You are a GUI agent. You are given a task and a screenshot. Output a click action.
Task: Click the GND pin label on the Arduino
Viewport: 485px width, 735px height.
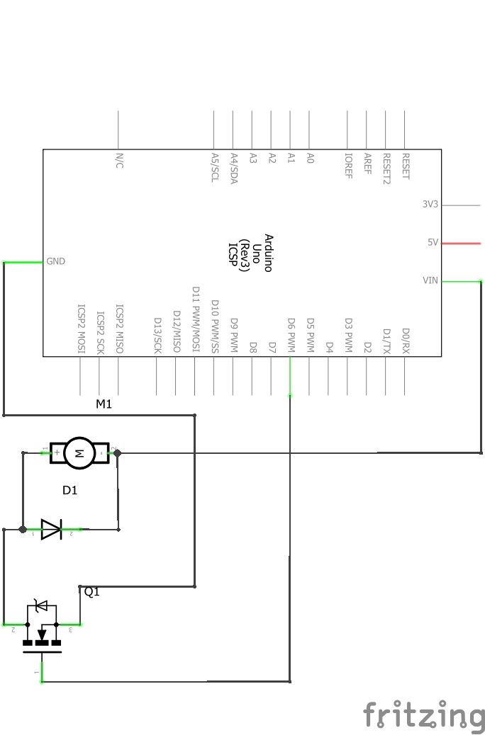tap(56, 261)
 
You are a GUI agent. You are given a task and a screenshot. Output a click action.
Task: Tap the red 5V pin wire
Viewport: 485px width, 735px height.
tap(461, 244)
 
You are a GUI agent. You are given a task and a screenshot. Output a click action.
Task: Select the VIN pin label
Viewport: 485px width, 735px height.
tap(430, 280)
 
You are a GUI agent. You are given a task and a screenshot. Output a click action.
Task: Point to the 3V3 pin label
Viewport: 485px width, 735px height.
tap(430, 204)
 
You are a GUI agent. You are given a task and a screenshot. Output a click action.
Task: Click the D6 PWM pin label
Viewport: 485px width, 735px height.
tap(291, 335)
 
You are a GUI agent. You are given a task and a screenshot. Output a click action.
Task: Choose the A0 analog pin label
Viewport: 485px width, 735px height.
tap(310, 158)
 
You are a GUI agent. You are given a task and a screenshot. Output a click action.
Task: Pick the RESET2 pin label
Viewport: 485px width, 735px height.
tap(386, 169)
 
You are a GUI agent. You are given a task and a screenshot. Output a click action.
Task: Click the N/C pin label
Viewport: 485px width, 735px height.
tap(119, 160)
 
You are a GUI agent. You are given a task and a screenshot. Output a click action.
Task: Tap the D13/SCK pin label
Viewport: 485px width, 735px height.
tap(157, 335)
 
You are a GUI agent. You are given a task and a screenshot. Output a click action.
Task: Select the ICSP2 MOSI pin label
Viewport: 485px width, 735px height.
tap(82, 328)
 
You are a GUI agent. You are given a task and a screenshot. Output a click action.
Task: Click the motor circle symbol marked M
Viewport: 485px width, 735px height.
tap(79, 452)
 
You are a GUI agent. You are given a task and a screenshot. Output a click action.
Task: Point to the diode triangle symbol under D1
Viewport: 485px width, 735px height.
tap(51, 529)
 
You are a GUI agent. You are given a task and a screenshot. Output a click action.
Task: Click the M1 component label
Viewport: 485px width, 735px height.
tap(104, 404)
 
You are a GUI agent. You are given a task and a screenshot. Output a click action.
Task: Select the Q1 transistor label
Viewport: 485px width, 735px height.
tap(92, 592)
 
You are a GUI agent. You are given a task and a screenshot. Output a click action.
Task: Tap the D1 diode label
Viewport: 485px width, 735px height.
tap(70, 490)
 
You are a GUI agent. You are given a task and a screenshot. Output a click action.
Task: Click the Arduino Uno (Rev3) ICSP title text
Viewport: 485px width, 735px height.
tap(250, 253)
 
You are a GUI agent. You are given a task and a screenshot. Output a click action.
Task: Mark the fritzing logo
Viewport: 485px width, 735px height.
tap(425, 715)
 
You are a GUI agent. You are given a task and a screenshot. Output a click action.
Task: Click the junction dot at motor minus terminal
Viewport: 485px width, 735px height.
tap(118, 452)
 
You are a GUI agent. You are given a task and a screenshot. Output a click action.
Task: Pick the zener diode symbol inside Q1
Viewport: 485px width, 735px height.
tap(42, 605)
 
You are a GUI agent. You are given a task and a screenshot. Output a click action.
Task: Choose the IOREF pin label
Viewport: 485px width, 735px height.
tap(348, 165)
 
